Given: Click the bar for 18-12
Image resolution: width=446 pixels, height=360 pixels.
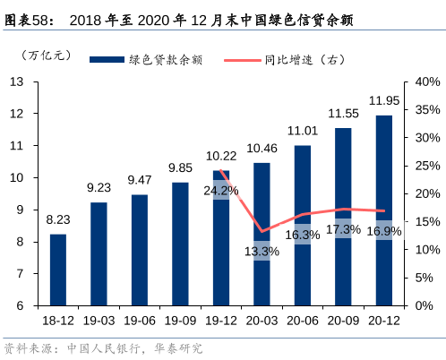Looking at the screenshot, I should tap(57, 270).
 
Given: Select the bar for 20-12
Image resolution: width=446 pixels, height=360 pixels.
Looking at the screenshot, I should tap(383, 210).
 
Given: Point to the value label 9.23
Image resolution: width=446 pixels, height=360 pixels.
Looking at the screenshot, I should tap(99, 187).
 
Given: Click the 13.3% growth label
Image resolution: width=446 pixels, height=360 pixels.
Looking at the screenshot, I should tap(262, 252).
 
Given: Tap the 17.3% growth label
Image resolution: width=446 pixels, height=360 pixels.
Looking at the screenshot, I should tap(343, 229).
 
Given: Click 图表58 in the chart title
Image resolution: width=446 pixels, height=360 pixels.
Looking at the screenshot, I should tap(27, 17).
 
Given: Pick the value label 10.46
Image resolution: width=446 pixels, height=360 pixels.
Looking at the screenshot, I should tap(262, 148).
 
